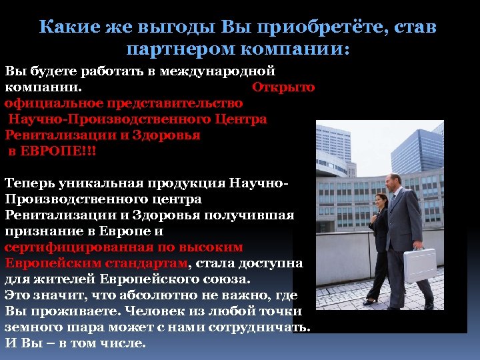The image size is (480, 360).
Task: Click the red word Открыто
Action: point(283,87)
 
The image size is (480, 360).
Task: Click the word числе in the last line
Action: point(122,343)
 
